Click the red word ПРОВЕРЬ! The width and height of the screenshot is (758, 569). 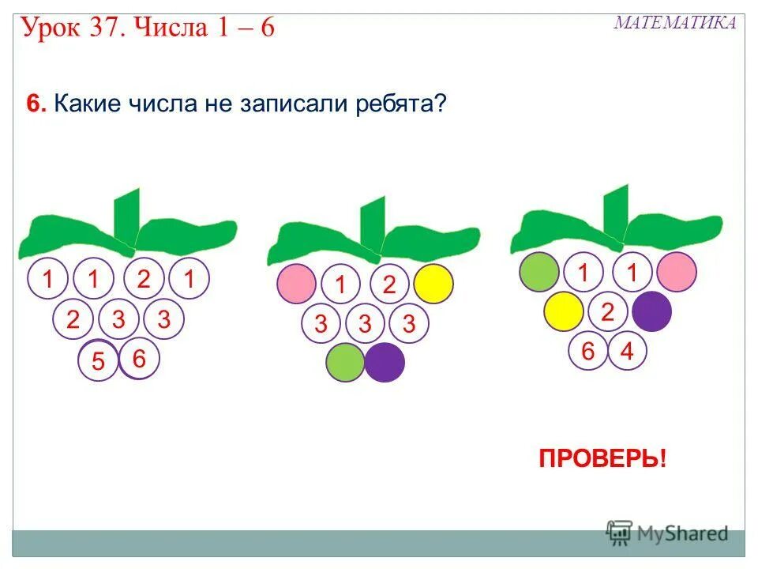pos(602,459)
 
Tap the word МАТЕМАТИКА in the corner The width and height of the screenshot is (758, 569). pos(674,23)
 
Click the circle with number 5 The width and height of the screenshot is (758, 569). pos(99,361)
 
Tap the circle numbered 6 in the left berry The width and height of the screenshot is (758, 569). pos(140,358)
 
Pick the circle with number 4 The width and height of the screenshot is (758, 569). pos(627,351)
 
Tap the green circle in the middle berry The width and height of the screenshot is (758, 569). pos(346,363)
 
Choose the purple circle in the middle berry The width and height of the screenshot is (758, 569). pos(385,363)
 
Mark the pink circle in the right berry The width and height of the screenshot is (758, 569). pos(677,272)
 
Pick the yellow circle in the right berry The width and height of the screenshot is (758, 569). pos(564,311)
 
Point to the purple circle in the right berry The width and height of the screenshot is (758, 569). pos(651,311)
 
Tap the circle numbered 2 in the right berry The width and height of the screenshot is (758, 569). pos(607,311)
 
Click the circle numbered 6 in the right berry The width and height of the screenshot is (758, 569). pos(588,351)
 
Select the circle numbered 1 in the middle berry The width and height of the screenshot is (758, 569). pos(341,284)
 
